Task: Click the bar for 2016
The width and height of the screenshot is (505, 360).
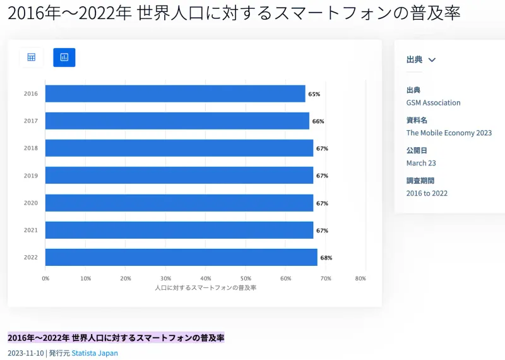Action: tap(175, 93)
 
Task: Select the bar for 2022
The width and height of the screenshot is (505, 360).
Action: tap(181, 257)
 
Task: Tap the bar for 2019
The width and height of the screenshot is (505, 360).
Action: tap(179, 176)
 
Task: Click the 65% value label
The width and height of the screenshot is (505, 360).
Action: tap(314, 94)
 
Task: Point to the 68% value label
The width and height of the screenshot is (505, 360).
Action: tap(326, 258)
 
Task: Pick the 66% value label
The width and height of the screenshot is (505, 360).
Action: tap(318, 121)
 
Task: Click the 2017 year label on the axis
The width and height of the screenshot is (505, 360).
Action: tap(31, 121)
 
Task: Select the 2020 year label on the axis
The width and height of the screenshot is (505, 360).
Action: tap(31, 203)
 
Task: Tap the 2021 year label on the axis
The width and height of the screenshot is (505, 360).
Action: tap(31, 230)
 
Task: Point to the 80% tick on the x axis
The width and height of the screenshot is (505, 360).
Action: tap(360, 278)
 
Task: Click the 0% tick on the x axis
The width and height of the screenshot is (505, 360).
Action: tap(45, 278)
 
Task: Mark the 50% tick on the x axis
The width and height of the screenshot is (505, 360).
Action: tap(246, 278)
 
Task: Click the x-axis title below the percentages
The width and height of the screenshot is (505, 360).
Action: tap(205, 287)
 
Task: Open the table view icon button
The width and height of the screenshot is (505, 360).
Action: tap(31, 57)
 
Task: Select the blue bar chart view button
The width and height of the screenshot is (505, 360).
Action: tap(64, 57)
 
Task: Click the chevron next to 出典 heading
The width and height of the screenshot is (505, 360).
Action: tap(432, 60)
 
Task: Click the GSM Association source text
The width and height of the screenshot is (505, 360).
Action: tap(433, 102)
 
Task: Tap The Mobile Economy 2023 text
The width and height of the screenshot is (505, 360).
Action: tap(449, 133)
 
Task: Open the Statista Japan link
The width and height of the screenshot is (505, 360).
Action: tap(95, 353)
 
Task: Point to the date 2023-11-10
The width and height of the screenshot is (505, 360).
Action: tap(25, 353)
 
